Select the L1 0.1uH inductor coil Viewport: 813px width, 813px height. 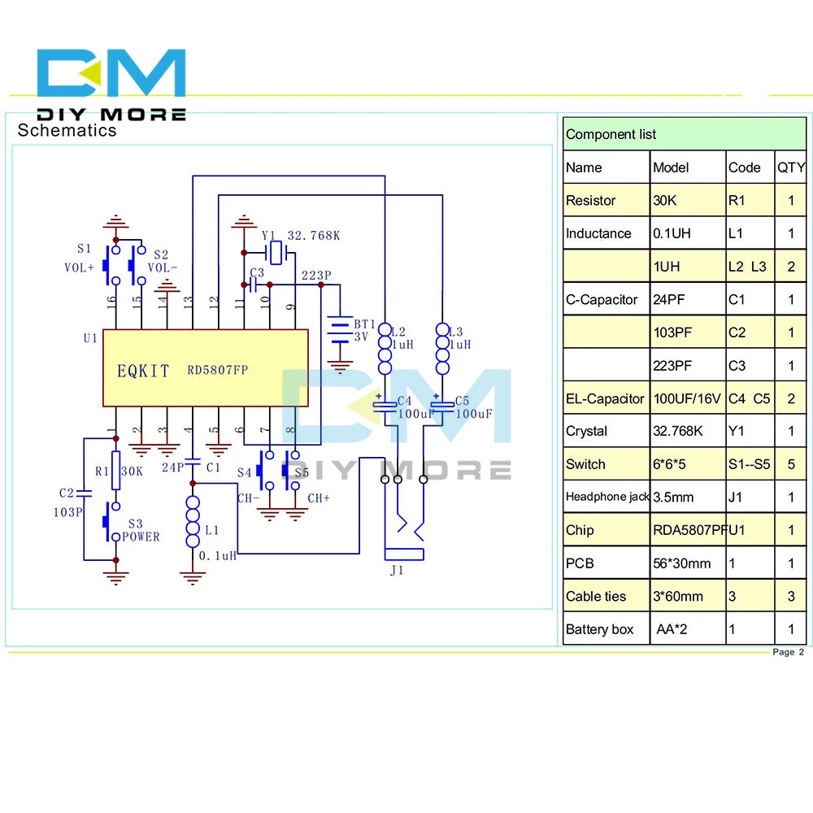tap(193, 522)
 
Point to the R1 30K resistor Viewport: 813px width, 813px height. tap(115, 471)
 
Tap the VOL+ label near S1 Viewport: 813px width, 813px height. tap(80, 267)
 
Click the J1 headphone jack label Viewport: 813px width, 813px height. tap(397, 571)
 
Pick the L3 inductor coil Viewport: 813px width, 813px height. tap(441, 350)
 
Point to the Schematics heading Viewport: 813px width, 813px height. tap(67, 130)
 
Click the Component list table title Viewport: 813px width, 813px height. tap(611, 134)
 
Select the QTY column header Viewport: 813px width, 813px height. tap(791, 167)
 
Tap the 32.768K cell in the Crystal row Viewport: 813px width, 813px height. tap(676, 431)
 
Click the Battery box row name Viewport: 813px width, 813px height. tap(599, 629)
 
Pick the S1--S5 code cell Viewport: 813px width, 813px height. tap(749, 464)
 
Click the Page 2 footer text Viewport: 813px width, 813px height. tap(788, 652)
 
